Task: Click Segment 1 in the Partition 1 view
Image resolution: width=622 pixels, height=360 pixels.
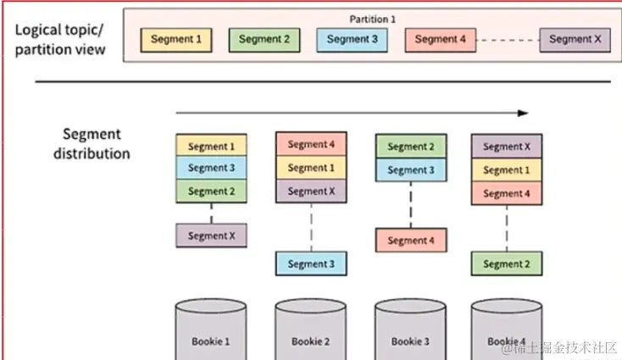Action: point(175,39)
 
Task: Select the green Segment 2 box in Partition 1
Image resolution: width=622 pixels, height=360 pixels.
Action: point(264,39)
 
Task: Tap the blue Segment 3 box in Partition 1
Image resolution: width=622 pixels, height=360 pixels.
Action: point(352,39)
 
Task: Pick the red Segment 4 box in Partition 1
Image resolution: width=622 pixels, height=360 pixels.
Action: point(440,39)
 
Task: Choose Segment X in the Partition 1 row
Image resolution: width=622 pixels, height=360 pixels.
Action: point(575,39)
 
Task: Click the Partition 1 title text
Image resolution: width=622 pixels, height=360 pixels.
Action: point(373,18)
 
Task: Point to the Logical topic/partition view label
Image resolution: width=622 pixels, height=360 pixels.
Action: point(60,39)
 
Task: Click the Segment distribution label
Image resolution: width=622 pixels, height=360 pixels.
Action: point(92,144)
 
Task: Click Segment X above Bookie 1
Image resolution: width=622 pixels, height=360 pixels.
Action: point(211,235)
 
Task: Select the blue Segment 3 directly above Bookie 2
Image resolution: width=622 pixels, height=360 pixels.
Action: point(311,263)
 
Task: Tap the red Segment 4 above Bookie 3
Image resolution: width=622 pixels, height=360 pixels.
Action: point(411,241)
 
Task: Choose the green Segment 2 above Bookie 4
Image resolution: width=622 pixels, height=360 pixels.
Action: point(507,263)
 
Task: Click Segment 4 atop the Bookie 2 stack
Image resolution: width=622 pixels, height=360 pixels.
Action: point(311,144)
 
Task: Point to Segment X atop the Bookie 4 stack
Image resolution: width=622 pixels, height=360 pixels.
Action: point(507,147)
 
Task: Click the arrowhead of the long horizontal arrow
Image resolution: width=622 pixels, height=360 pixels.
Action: point(523,113)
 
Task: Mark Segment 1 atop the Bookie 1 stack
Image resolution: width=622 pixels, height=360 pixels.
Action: point(211,146)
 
